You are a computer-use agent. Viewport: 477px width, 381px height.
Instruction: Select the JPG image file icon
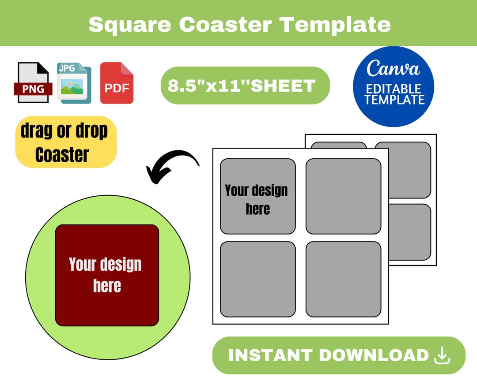[x=74, y=83]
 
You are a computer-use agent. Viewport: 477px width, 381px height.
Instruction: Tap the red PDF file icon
[x=117, y=83]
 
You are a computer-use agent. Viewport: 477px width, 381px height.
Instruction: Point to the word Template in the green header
[x=336, y=24]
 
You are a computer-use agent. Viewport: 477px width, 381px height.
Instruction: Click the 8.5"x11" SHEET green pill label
[x=245, y=86]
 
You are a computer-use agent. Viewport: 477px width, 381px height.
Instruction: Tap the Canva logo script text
[x=393, y=69]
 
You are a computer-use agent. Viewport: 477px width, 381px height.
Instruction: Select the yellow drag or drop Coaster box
[x=66, y=142]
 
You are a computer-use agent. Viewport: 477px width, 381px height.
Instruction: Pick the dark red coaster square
[x=107, y=275]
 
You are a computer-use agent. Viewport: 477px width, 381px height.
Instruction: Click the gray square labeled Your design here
[x=257, y=196]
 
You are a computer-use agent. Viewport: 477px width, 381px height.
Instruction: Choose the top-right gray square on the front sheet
[x=343, y=196]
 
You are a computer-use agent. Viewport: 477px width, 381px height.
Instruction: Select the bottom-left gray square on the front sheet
[x=257, y=279]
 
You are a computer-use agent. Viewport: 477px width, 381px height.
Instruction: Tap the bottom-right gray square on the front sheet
[x=343, y=279]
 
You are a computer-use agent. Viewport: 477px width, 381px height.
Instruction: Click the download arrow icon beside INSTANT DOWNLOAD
[x=442, y=356]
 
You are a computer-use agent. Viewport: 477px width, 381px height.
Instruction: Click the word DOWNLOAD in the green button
[x=372, y=355]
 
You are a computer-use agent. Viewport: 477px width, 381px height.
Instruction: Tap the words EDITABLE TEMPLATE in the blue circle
[x=394, y=94]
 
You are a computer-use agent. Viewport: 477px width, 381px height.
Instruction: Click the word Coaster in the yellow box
[x=62, y=155]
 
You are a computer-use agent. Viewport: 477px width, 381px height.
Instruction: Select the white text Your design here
[x=106, y=275]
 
